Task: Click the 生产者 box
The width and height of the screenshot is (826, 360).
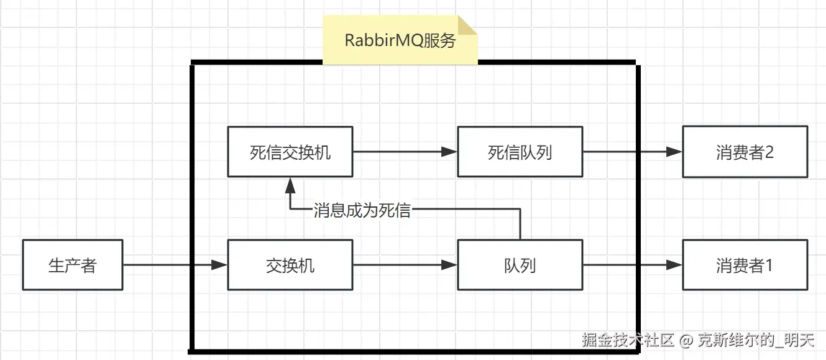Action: point(73,265)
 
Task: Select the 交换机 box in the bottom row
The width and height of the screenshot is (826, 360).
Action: point(290,265)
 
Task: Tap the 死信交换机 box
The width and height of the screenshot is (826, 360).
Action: point(290,152)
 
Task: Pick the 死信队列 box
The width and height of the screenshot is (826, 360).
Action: point(520,152)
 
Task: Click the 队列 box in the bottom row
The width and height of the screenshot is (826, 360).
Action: point(520,265)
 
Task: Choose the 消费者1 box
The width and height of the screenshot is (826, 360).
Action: point(745,265)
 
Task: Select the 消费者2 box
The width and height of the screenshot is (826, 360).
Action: point(745,152)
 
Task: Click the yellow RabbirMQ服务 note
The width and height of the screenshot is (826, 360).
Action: point(400,41)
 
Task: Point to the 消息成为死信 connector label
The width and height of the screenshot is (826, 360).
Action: point(362,210)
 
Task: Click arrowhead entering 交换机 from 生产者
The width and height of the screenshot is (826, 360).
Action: point(219,265)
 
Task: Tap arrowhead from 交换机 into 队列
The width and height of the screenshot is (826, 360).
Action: point(449,265)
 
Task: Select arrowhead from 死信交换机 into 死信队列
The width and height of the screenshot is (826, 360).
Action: point(449,152)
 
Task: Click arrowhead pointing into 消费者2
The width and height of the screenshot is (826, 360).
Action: point(674,152)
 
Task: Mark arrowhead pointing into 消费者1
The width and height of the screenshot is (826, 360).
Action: point(674,265)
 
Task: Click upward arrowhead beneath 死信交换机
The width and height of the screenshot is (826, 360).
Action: point(290,184)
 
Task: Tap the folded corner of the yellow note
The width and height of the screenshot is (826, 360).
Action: point(468,25)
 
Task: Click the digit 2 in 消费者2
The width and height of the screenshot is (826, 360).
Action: point(769,152)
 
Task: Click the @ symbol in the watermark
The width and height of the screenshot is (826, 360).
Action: point(686,340)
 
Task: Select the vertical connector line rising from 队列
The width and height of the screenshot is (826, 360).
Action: point(520,225)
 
